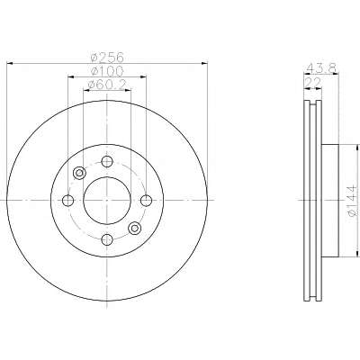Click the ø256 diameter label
point(107,57)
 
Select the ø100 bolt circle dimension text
point(107,71)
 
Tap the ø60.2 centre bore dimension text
point(107,85)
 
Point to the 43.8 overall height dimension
point(321,67)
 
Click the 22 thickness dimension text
point(312,82)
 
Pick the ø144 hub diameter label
point(353,201)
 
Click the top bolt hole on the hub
point(107,161)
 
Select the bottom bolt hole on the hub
point(107,239)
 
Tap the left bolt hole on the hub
point(68,201)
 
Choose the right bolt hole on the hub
point(146,201)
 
